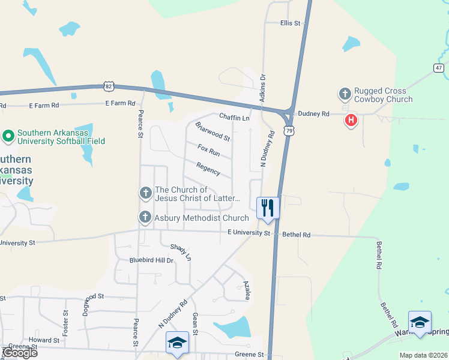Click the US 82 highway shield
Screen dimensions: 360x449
point(108,86)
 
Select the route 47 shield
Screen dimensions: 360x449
point(439,68)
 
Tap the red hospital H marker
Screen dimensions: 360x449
point(351,121)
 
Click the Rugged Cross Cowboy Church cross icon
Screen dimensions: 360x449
point(345,94)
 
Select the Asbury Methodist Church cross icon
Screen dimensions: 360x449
point(145,218)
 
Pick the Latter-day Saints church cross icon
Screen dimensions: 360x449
point(145,193)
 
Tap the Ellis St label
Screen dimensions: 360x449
point(290,23)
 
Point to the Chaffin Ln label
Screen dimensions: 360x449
point(234,118)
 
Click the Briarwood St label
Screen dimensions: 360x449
point(212,131)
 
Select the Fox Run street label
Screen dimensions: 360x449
point(209,150)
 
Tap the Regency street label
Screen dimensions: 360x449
point(208,169)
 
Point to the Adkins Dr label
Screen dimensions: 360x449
point(262,88)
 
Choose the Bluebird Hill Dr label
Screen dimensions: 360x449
point(151,260)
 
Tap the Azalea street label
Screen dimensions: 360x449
point(246,289)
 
